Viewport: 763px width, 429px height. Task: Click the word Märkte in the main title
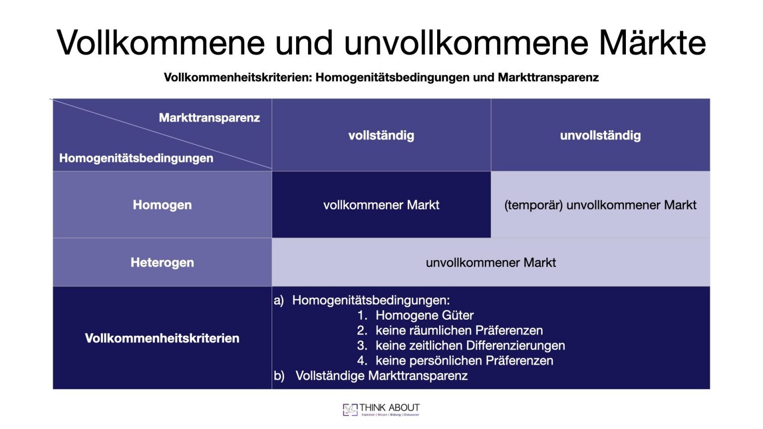tap(652, 43)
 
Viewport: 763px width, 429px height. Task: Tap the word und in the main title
tap(304, 43)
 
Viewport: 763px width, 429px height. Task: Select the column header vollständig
tap(381, 136)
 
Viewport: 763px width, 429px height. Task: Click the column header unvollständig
tap(600, 136)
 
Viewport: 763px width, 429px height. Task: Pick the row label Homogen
tap(162, 205)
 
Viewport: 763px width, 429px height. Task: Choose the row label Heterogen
tap(162, 263)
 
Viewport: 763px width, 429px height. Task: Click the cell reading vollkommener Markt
tap(381, 205)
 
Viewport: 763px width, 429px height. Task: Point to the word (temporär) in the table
tap(533, 205)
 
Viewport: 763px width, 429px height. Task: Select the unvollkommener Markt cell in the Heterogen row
tap(490, 263)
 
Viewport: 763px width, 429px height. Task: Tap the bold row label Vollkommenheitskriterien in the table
tap(162, 339)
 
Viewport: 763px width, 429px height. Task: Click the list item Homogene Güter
tap(424, 315)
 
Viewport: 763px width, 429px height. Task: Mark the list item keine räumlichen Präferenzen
tap(459, 331)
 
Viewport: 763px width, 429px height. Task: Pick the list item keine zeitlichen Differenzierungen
tap(470, 346)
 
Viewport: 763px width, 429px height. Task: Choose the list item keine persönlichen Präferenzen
tap(464, 360)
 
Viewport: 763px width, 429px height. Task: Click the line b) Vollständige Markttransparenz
tap(381, 376)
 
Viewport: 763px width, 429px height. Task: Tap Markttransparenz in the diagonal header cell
tap(209, 118)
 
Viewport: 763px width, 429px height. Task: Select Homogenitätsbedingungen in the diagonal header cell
tap(136, 158)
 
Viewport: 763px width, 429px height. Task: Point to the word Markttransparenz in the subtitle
tap(548, 77)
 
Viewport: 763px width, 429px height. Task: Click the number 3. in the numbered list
tap(362, 346)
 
